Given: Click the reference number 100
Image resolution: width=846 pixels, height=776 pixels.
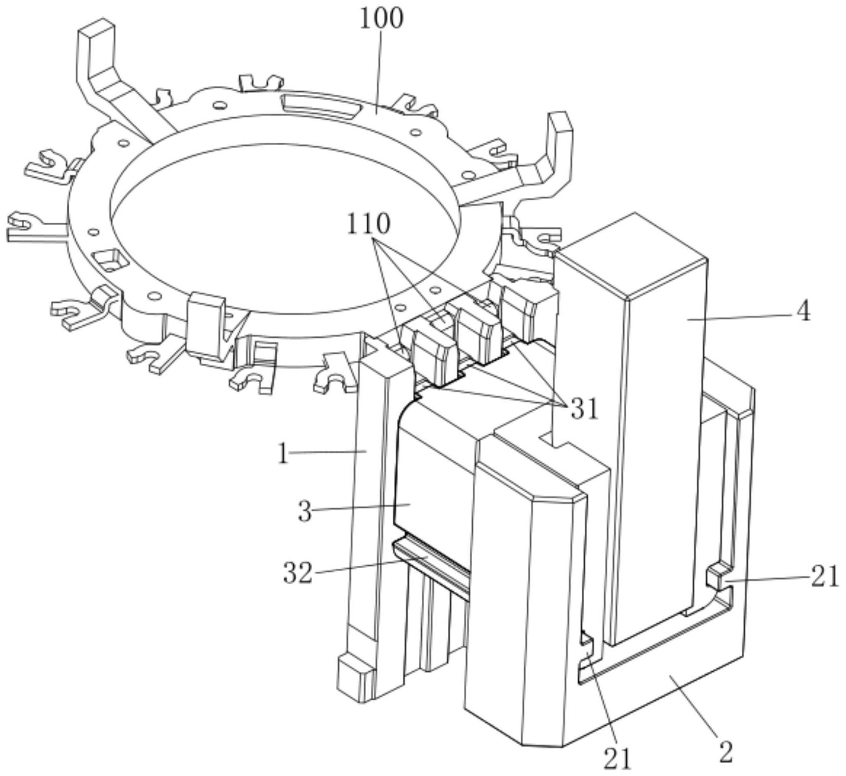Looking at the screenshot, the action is (381, 18).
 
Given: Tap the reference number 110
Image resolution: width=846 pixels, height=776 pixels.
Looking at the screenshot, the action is (368, 224).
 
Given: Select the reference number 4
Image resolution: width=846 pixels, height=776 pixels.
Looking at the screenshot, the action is (804, 311).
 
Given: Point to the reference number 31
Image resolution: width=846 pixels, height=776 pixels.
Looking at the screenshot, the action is (584, 409).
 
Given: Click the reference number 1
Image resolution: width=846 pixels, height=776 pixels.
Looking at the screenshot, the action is (282, 454).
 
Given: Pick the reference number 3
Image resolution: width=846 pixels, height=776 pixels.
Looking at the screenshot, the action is (305, 511).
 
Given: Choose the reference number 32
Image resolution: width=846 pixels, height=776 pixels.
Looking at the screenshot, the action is (298, 573).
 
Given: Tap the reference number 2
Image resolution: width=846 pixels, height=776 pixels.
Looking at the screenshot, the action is (725, 753).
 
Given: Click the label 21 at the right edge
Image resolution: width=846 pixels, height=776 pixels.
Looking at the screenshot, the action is (825, 576).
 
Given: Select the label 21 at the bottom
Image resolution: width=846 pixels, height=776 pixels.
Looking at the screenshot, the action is (617, 759).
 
